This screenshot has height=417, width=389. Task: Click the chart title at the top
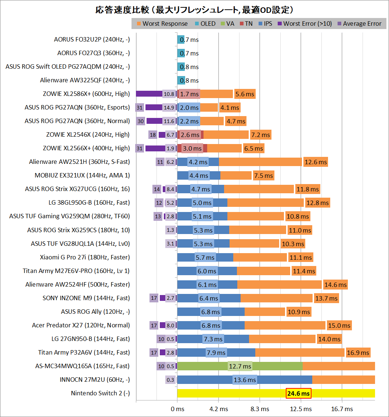click(194, 10)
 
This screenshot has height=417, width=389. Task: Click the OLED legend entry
click(208, 24)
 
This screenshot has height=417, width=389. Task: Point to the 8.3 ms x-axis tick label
click(260, 409)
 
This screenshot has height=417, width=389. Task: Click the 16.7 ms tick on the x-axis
click(342, 409)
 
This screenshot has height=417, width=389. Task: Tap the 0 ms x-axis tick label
click(177, 409)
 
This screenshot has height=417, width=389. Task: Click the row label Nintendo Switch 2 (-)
click(100, 393)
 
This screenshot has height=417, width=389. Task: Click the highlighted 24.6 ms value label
click(299, 393)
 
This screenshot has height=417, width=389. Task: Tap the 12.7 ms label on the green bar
click(240, 366)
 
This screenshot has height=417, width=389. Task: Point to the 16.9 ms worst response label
click(358, 353)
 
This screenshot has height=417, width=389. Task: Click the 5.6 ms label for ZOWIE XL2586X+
click(245, 94)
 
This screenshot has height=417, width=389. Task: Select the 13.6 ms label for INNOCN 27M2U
click(245, 380)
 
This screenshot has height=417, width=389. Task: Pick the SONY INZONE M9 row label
click(86, 298)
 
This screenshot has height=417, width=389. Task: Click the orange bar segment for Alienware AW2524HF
click(279, 285)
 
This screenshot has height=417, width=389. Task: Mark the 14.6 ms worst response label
click(335, 285)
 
